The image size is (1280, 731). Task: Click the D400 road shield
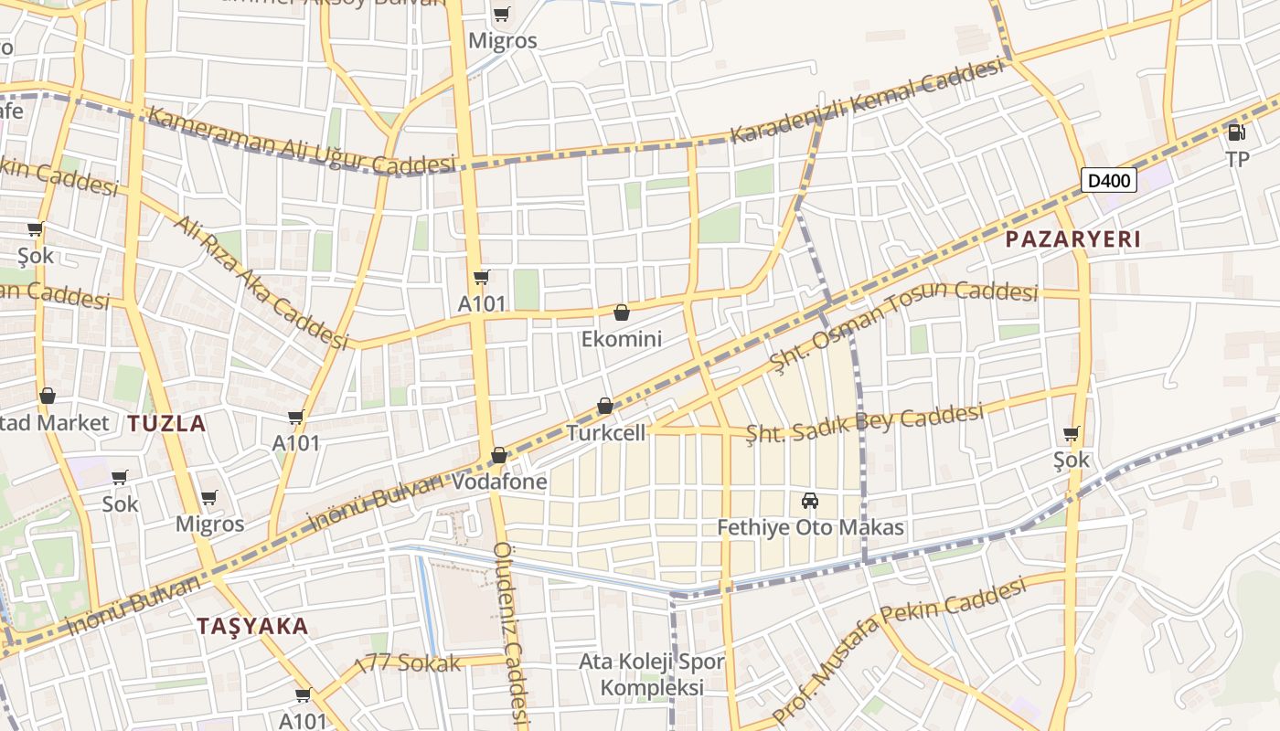tap(1109, 180)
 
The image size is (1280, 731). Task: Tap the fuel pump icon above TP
tap(1236, 132)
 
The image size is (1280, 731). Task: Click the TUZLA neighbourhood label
tap(166, 423)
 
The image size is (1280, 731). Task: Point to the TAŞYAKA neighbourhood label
tap(253, 626)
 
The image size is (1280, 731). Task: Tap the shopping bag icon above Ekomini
tap(622, 313)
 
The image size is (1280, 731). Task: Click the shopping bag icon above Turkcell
tap(605, 406)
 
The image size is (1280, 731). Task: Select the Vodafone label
tap(500, 482)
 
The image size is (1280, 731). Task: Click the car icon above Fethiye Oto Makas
tap(809, 501)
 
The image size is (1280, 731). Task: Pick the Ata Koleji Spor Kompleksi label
tap(653, 674)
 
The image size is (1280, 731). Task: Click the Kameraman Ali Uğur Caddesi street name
tap(301, 142)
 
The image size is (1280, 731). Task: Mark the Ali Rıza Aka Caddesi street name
tap(261, 282)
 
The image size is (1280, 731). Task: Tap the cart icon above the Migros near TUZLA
tap(209, 498)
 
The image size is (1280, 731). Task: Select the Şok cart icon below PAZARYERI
tap(1071, 433)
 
